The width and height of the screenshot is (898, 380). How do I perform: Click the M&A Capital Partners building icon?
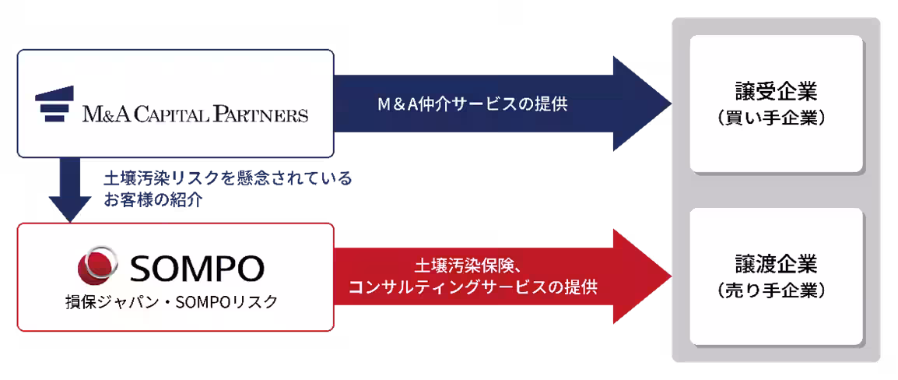coord(55,104)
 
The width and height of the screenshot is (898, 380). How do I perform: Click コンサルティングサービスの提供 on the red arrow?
coord(472,287)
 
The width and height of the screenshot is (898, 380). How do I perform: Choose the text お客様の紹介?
coord(153,200)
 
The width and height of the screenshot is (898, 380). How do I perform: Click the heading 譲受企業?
coord(776,93)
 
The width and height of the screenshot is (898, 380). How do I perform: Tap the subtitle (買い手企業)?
coord(776,118)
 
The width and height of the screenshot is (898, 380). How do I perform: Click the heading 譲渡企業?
coord(776,264)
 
